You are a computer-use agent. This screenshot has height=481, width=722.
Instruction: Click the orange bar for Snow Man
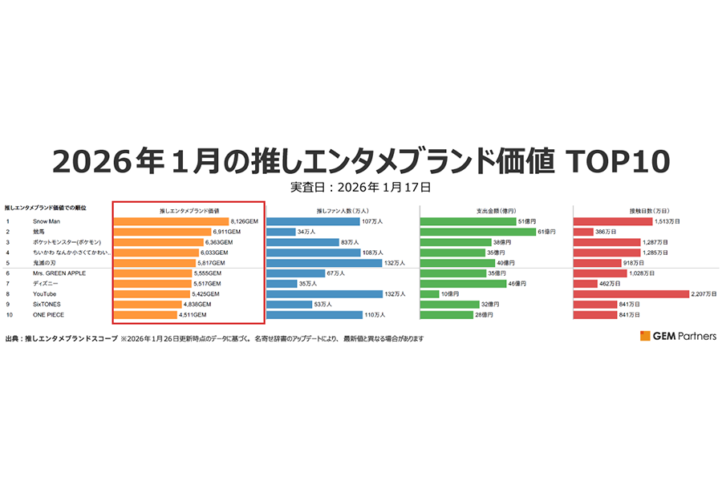171,220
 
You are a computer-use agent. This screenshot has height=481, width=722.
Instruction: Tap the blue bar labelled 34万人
281,231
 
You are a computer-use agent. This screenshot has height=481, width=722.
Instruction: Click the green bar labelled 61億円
477,231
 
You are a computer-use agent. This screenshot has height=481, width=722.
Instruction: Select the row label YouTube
46,294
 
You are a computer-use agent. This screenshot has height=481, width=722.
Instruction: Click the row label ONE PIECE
49,315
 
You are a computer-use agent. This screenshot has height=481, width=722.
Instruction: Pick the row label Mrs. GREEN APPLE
59,273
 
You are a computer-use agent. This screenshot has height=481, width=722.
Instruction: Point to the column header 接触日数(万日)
651,210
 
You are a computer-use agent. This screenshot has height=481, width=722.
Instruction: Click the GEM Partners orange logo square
645,336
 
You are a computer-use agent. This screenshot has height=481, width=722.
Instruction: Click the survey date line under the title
361,188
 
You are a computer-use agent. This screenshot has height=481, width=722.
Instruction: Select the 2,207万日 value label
703,294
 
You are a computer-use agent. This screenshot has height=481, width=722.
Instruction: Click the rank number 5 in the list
7,262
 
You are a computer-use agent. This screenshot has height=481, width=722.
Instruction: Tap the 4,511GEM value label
193,315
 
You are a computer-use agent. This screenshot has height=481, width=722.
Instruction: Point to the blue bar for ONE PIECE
314,315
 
